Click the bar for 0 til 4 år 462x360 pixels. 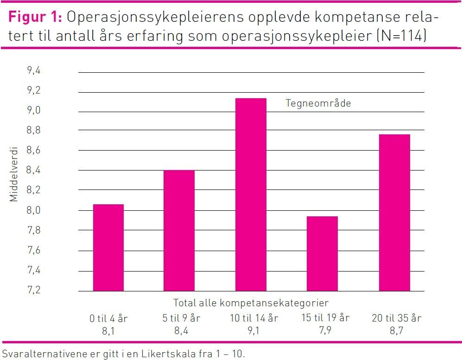[108, 247]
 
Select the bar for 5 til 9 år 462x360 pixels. [179, 230]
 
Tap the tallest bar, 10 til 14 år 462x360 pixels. [251, 195]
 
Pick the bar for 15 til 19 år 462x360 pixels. [322, 253]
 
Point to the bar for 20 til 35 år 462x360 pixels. [394, 213]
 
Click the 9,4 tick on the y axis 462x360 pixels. [34, 71]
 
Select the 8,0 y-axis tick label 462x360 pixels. [34, 211]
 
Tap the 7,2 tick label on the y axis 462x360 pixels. [34, 291]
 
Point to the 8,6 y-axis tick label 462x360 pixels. [34, 151]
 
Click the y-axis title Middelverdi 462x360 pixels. [14, 174]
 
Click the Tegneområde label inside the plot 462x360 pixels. [318, 103]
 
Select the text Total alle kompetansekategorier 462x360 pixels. [251, 303]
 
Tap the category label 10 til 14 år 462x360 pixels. [254, 318]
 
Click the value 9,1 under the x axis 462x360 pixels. [254, 330]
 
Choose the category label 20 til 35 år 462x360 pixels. [396, 318]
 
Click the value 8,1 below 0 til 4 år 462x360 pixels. [108, 330]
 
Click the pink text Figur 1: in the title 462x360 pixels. [35, 18]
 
